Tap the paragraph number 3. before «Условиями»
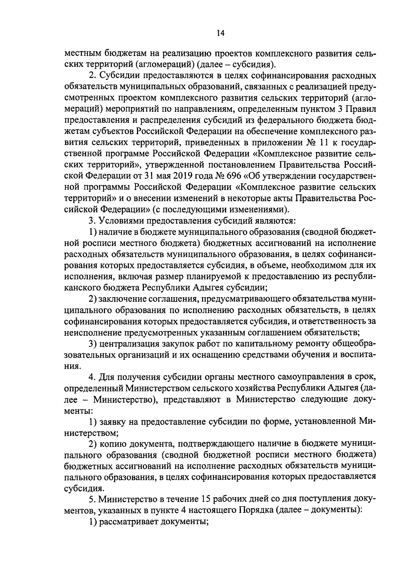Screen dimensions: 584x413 (92, 220)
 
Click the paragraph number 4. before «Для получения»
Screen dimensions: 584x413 (92, 377)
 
